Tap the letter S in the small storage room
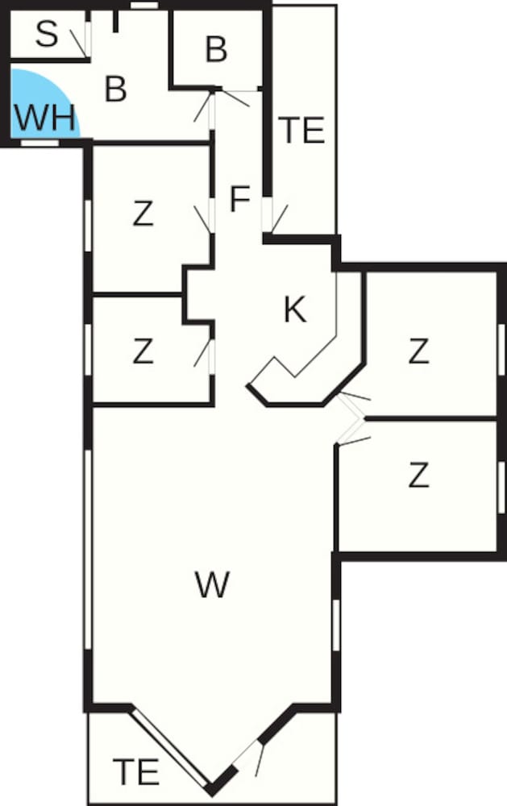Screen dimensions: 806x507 point(48,35)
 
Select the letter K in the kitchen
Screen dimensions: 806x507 point(295,310)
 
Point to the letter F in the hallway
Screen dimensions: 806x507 point(239,199)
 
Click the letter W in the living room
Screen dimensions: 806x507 point(213,584)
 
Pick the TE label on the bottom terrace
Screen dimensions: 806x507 point(135,772)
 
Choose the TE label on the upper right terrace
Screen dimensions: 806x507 point(301,131)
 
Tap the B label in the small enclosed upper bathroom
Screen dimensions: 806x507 point(216,50)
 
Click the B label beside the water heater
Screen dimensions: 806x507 point(116,89)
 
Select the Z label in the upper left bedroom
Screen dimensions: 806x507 point(143,214)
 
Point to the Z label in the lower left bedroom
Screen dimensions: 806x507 point(143,351)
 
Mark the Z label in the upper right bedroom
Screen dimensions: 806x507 point(418,351)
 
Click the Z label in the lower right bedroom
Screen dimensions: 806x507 point(418,476)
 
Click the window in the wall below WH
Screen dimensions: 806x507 point(39,143)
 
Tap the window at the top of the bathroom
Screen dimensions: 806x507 point(143,6)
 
